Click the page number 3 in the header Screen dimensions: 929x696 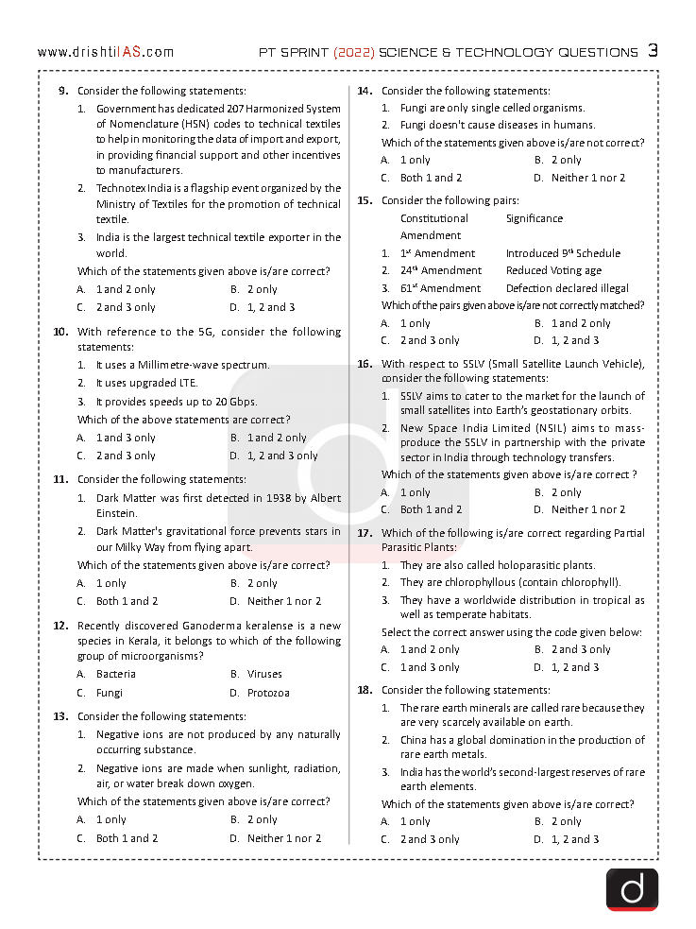[x=653, y=51]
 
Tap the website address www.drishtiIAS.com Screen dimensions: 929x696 [x=106, y=53]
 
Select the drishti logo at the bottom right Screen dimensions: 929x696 [x=632, y=889]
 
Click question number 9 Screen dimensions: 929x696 [x=62, y=91]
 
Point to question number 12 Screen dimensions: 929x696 [x=59, y=626]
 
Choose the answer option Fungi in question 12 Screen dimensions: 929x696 [x=110, y=693]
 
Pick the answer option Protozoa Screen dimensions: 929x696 [x=268, y=693]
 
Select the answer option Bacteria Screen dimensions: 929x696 [x=116, y=674]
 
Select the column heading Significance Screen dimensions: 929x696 [x=534, y=218]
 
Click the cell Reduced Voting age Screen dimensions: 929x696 [x=552, y=270]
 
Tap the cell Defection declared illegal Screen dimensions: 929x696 [x=567, y=288]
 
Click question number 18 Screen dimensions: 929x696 [x=364, y=690]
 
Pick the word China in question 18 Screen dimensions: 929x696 [x=415, y=740]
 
